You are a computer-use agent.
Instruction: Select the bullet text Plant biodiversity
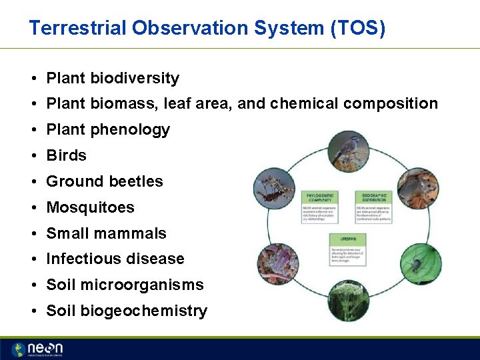[113, 78]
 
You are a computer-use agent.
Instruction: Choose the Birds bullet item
[66, 155]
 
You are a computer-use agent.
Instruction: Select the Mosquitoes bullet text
[90, 207]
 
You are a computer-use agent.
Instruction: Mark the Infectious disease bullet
[115, 259]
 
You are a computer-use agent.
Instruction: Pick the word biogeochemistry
[143, 311]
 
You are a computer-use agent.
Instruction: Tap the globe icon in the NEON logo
[18, 349]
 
